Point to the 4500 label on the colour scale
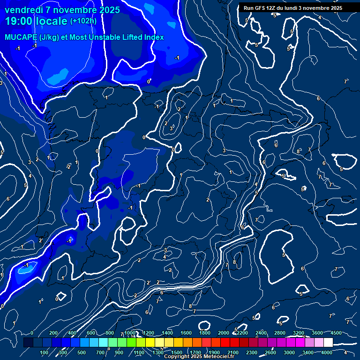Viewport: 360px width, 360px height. coord(336,333)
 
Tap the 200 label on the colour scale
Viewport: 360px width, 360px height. coord(53,333)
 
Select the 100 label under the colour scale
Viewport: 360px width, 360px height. coord(44,352)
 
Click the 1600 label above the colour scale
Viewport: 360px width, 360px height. coord(186,333)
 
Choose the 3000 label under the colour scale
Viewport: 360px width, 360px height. coord(289,352)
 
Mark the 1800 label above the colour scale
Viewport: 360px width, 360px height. coord(205,333)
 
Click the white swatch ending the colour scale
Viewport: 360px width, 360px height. coord(328,342)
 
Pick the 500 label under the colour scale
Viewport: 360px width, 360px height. coord(82,352)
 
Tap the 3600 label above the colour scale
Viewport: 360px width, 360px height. coord(317,333)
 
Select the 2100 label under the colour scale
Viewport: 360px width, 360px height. coord(233,352)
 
